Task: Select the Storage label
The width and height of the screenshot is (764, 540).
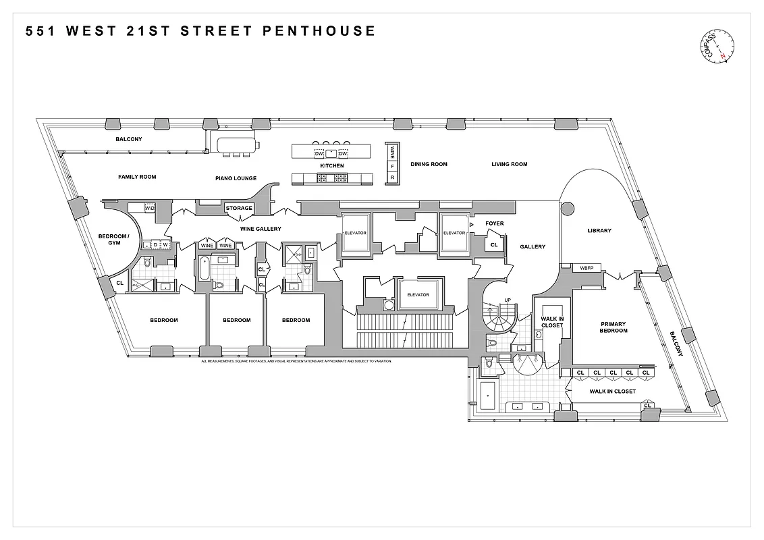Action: click(x=239, y=208)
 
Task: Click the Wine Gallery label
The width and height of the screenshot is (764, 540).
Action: click(x=261, y=229)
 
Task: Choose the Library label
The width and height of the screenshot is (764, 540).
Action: click(x=599, y=231)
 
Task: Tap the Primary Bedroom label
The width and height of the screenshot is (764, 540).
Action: click(x=613, y=327)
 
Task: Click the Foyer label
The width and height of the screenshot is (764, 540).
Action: click(x=495, y=223)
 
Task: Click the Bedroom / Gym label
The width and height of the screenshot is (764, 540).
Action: click(x=109, y=240)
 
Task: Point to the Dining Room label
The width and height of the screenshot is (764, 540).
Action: click(x=429, y=164)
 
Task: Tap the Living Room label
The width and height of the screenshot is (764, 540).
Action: click(x=509, y=164)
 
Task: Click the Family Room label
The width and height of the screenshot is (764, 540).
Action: click(x=137, y=177)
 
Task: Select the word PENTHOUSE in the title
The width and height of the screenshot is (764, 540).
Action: click(x=322, y=31)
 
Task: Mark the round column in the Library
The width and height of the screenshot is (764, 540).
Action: click(x=567, y=208)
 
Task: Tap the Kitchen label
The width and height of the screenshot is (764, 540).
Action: click(x=331, y=165)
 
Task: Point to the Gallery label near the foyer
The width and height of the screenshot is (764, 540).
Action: click(x=533, y=247)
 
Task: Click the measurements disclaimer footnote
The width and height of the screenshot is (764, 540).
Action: click(x=296, y=361)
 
